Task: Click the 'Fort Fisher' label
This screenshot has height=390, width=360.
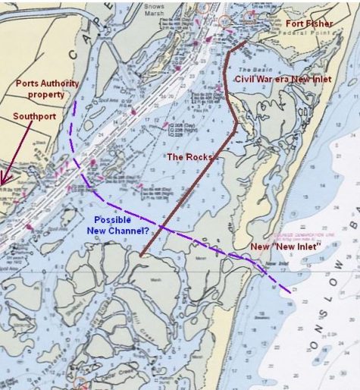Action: tap(309, 24)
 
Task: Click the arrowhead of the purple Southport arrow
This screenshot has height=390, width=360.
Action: tap(4, 181)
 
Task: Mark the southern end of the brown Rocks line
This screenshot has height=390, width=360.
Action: tap(140, 256)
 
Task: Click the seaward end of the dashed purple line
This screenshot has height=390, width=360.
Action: tap(289, 293)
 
